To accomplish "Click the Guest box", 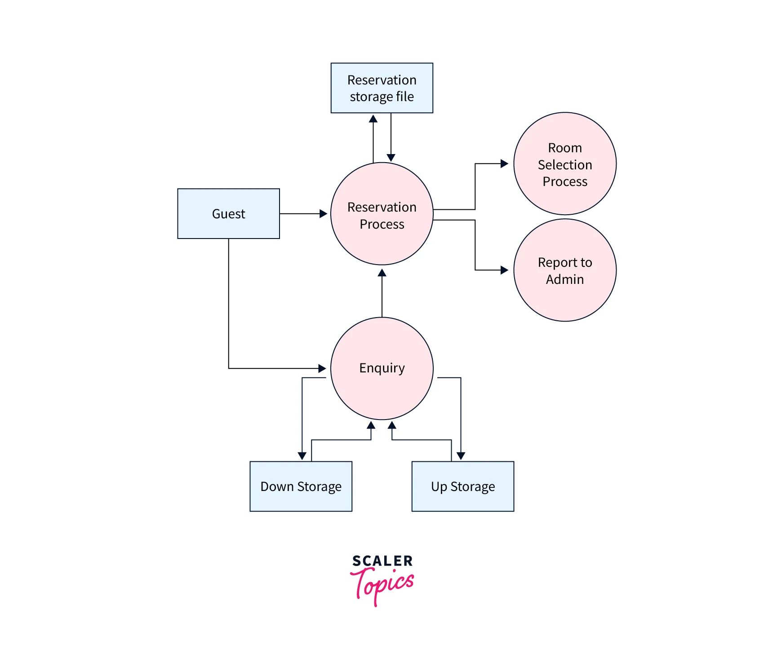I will tap(228, 213).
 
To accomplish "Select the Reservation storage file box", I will tap(382, 88).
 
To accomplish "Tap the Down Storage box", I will tap(301, 486).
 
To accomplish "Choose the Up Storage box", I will tap(462, 486).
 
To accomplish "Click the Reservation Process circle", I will tap(382, 214).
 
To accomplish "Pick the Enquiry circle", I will tap(382, 368).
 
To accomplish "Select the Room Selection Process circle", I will tap(564, 164).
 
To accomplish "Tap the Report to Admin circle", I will tap(564, 270).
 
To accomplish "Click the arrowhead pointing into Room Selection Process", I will tap(504, 164).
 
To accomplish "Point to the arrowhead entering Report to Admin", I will tap(504, 270).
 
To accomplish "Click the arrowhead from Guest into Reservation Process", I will tap(323, 214).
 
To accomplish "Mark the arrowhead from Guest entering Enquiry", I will tap(322, 368).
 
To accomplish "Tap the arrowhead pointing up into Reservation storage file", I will tap(373, 119).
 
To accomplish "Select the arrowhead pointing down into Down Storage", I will tap(302, 456).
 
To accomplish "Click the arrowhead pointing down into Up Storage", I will tap(461, 456).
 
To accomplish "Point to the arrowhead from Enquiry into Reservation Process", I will tap(382, 273).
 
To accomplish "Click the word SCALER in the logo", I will tap(382, 561).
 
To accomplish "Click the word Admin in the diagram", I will tap(564, 279).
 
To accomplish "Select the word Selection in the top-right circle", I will tap(564, 165).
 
